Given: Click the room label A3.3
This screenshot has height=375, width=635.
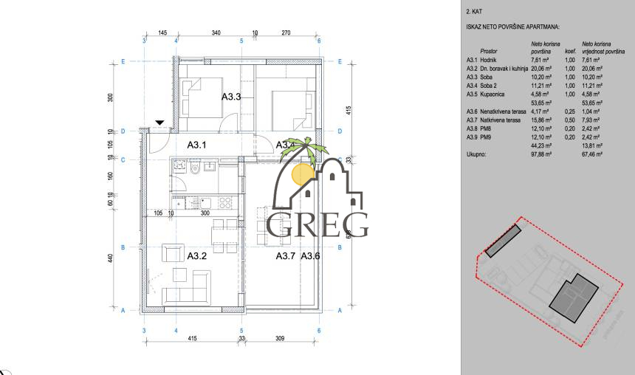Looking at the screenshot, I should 233,97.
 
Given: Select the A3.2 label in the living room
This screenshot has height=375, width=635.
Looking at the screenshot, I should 196,256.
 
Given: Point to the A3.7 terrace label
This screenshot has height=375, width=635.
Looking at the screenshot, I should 286,256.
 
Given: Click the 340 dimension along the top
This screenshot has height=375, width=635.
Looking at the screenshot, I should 216,33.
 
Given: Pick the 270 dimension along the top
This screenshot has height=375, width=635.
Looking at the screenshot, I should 286,33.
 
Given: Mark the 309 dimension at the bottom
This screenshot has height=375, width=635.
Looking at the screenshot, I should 280,338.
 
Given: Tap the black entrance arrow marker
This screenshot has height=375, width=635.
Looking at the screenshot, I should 159,123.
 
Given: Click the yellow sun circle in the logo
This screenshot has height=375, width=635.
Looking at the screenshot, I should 302,173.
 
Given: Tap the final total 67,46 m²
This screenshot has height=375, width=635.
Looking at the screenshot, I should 592,155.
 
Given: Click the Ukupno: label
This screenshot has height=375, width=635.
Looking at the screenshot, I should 476,155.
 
